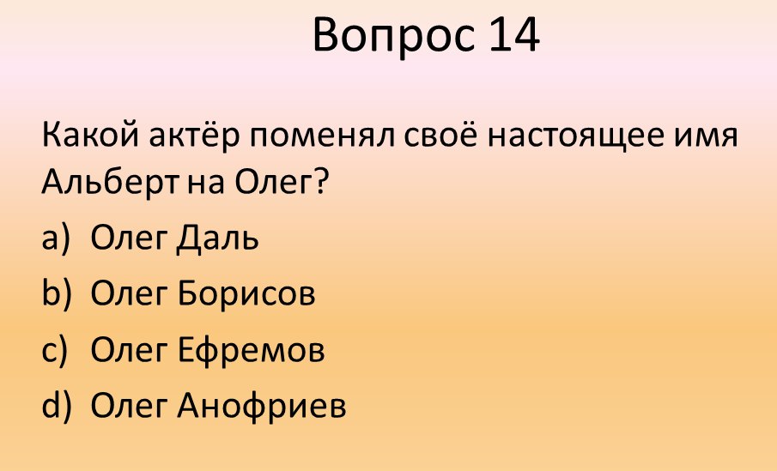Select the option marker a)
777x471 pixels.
pyautogui.click(x=55, y=238)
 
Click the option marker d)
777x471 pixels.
pyautogui.click(x=55, y=405)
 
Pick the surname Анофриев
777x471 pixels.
pyautogui.click(x=263, y=406)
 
